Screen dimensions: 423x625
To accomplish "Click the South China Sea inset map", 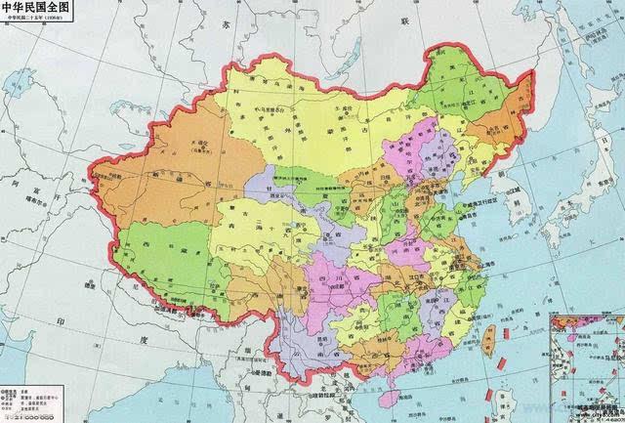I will click(x=586, y=367).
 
